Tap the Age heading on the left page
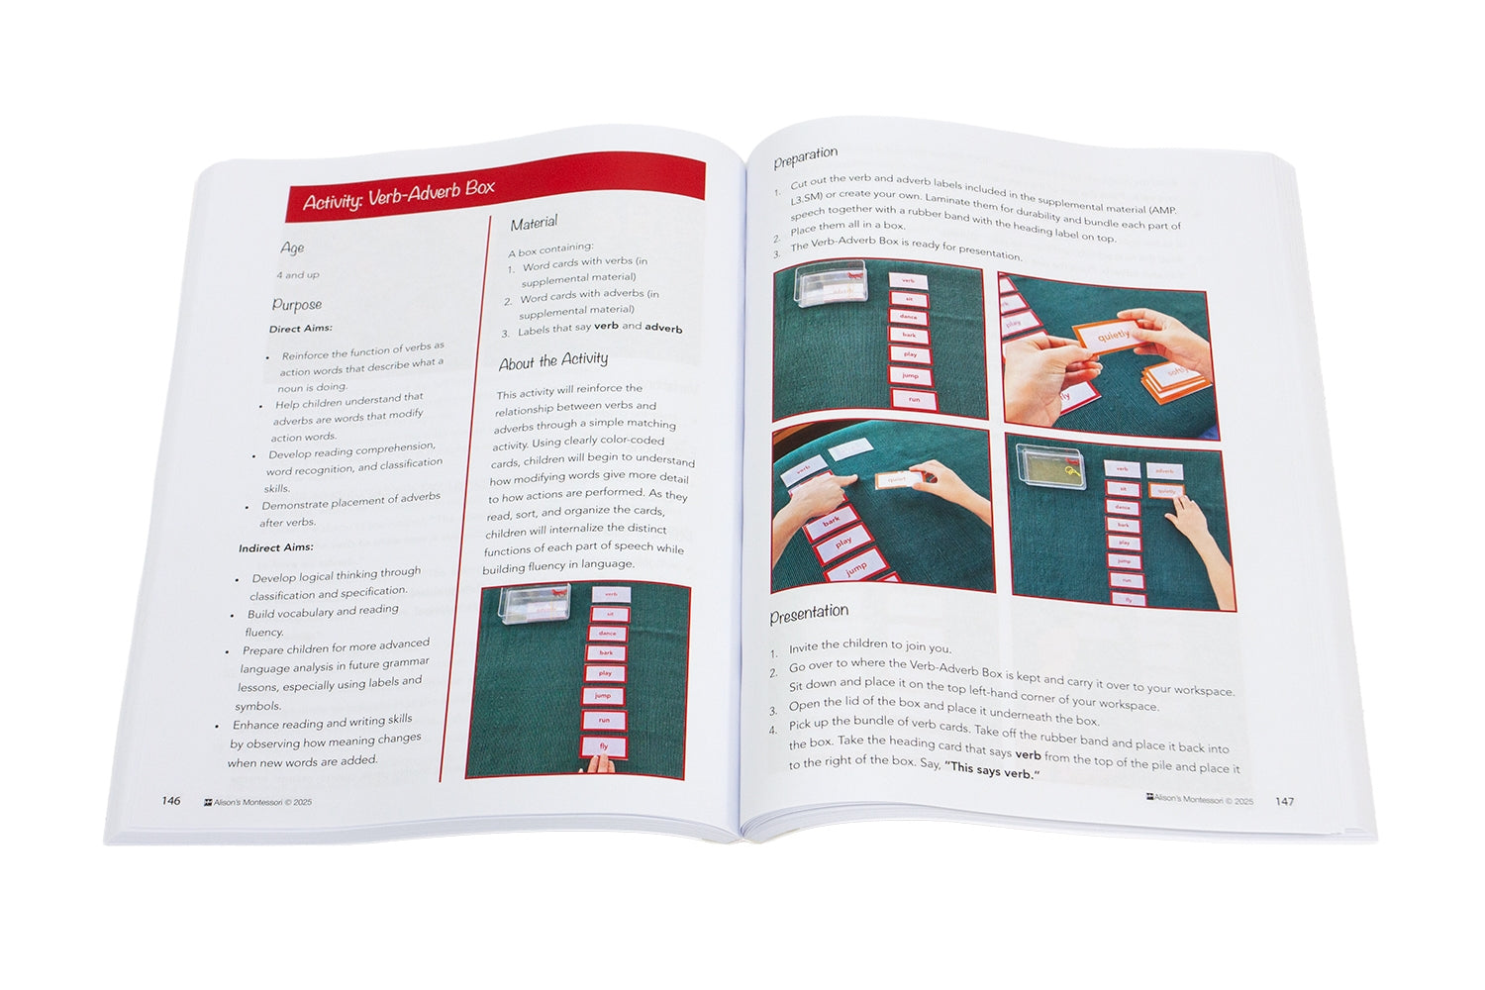tap(292, 247)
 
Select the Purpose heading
tap(297, 305)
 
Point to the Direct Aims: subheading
tap(301, 329)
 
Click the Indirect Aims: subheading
tap(275, 547)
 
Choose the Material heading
tap(534, 223)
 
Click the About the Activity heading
tap(553, 361)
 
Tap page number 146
tap(171, 801)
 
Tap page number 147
tap(1284, 801)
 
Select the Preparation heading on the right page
tap(805, 156)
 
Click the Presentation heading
tap(809, 615)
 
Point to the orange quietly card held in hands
tap(1112, 337)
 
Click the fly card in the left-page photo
tap(604, 746)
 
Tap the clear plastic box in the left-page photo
tap(533, 609)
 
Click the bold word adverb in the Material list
tap(663, 328)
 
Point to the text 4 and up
tap(298, 275)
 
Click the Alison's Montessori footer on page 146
tap(257, 802)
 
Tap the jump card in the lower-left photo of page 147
tap(855, 568)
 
